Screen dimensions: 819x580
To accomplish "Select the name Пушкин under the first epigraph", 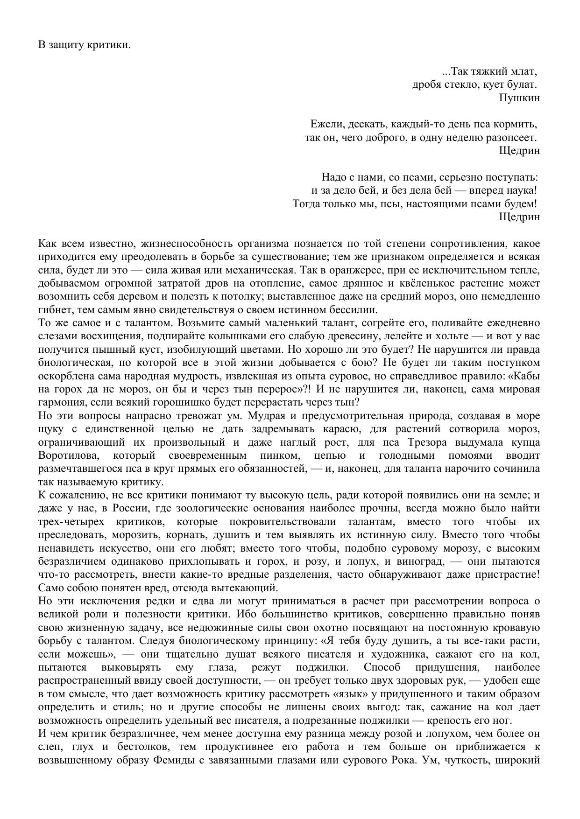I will click(x=519, y=98).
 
